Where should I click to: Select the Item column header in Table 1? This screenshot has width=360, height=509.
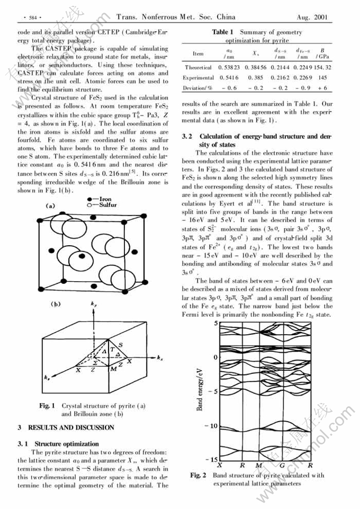198,53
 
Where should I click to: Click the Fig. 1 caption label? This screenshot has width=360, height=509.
47,406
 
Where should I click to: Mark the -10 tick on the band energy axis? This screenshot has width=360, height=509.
211,426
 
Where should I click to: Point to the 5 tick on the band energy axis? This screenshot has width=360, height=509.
216,323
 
